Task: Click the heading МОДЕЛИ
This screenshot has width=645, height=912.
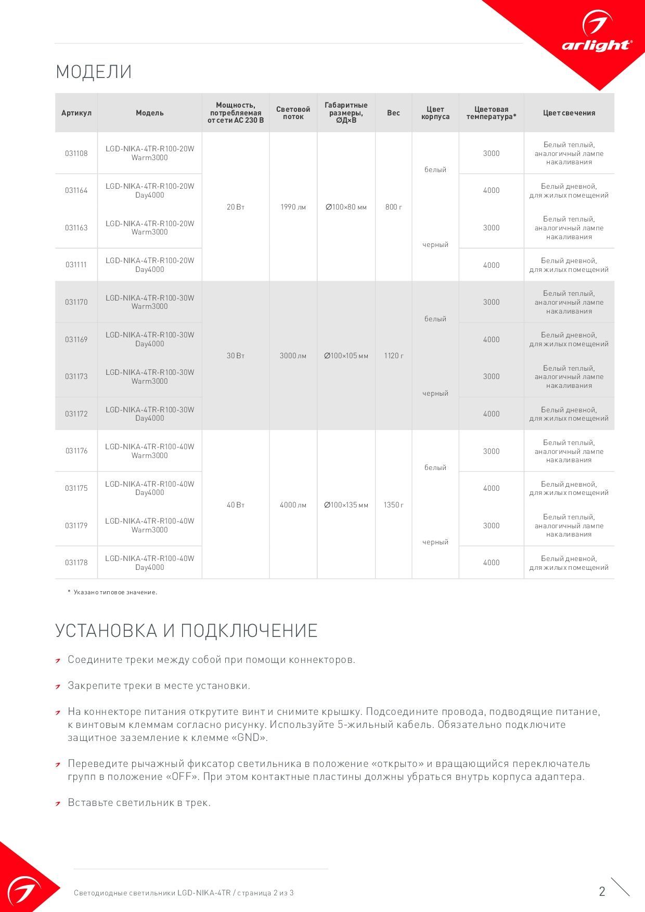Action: pos(94,72)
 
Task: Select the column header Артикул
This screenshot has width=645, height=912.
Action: pos(76,113)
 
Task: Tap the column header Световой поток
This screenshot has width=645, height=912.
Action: pos(293,113)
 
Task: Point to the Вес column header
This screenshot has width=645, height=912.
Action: pos(394,113)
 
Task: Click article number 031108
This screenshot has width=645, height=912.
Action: pos(76,153)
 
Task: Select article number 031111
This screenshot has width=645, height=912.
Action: pos(76,265)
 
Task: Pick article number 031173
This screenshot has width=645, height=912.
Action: pos(76,376)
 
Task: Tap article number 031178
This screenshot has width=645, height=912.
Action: pos(76,563)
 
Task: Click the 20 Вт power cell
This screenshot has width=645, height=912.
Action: pos(236,207)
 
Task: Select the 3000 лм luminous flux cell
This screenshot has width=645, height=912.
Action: pos(293,356)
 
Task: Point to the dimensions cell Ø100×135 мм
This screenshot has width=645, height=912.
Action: pos(346,505)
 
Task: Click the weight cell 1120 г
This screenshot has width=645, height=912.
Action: pos(394,356)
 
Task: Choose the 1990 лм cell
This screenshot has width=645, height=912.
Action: pos(293,207)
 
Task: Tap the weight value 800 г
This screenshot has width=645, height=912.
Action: pos(394,207)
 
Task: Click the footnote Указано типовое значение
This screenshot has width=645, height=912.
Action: pos(115,592)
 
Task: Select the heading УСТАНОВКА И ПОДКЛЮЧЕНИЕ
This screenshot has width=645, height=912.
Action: pos(186,631)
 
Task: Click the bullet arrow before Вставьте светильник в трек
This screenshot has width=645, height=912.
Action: pos(58,803)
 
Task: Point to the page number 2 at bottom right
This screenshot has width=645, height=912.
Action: pos(602,892)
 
